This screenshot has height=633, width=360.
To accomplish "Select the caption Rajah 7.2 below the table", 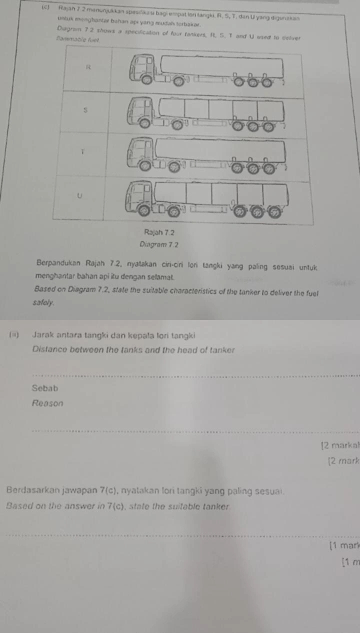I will click(154, 233).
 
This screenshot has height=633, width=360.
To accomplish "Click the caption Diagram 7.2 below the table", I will click(153, 244).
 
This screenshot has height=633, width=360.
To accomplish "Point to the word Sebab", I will click(44, 387).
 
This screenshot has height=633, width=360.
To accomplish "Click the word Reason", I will click(47, 403).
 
